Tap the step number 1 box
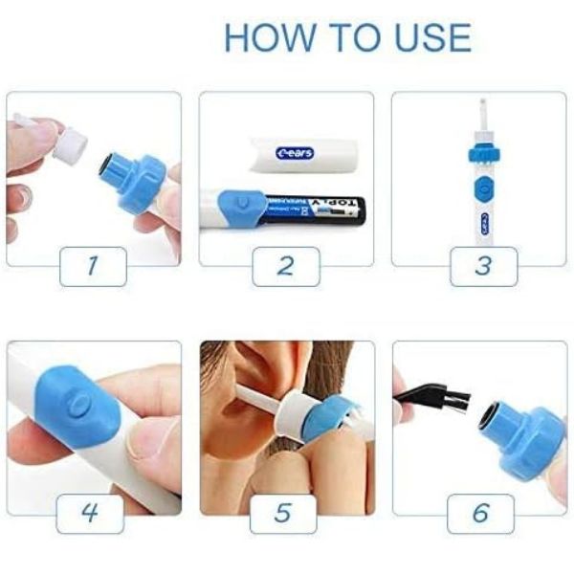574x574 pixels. (93, 266)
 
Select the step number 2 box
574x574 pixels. (285, 266)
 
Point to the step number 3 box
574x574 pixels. (482, 266)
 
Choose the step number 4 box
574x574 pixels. (89, 514)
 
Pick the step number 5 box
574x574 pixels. (283, 514)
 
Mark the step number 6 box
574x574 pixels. (480, 514)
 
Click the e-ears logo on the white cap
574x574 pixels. (295, 152)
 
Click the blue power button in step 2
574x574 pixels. (242, 203)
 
